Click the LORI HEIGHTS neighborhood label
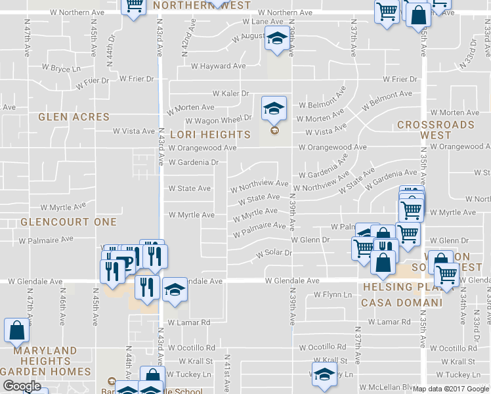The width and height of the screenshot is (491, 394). coord(210,135)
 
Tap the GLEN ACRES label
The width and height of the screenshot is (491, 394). coord(74,117)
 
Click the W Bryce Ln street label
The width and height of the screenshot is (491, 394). coord(61,68)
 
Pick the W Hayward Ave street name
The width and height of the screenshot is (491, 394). coord(219,66)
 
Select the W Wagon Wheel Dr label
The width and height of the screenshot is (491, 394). coord(219,120)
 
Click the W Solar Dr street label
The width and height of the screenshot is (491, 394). coord(274,253)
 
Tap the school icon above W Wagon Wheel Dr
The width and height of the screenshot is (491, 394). coord(274,108)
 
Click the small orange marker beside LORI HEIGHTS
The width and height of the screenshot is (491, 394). coord(274,130)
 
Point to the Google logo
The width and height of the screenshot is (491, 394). coord(22,386)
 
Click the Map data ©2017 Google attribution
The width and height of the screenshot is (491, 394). coord(451,389)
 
